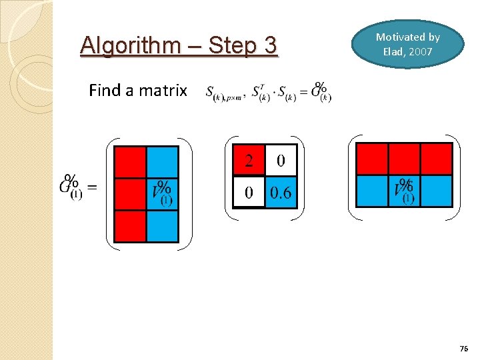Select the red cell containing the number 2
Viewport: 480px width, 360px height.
[249, 161]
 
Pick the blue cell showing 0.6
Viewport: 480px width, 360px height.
[280, 192]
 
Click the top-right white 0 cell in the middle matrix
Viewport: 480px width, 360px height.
[280, 161]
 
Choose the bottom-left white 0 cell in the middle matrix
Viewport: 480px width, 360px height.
[249, 192]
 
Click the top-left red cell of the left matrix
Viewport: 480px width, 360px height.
[130, 162]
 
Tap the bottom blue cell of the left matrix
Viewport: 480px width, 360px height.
[162, 226]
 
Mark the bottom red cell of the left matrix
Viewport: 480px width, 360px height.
[130, 226]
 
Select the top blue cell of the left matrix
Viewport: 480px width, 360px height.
[162, 162]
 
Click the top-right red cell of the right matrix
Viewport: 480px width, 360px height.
[436, 159]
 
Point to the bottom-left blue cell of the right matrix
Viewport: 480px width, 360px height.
[372, 191]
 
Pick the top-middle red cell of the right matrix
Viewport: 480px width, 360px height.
[404, 159]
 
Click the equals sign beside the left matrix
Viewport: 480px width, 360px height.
[92, 188]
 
